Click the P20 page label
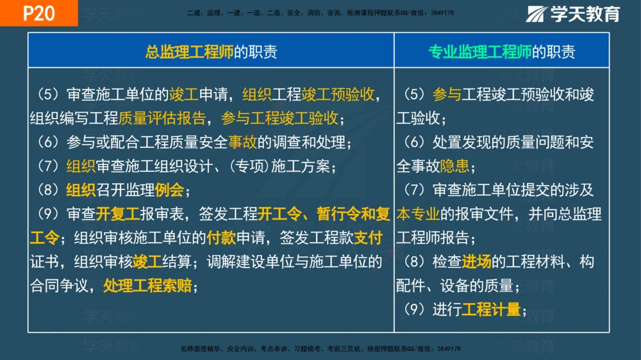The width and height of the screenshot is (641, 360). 38,13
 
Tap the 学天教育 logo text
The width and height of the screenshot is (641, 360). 585,13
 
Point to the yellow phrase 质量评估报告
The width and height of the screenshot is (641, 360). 162,118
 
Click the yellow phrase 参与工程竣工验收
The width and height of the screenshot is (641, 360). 279,118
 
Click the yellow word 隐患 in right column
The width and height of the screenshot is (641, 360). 454,166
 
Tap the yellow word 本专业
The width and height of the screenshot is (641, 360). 419,213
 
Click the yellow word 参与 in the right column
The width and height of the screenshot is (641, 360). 447,94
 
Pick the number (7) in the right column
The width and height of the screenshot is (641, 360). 415,190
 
